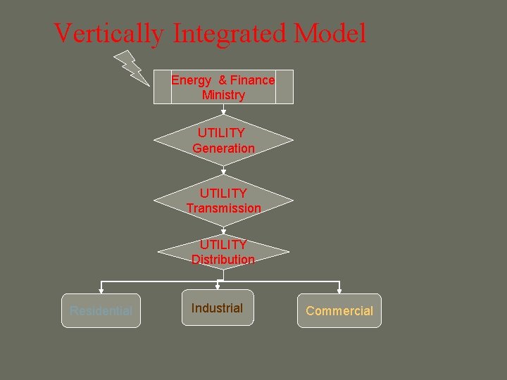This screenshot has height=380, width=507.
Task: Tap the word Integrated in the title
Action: (227, 33)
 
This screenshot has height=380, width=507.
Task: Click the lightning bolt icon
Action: (131, 67)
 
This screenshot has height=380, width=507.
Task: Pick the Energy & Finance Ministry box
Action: (223, 87)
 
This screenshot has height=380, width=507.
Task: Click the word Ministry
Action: (223, 95)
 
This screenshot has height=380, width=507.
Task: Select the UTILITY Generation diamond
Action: (223, 140)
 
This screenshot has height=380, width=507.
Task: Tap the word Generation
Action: (223, 148)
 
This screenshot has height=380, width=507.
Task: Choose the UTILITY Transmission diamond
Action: (223, 201)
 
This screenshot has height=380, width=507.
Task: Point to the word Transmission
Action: (223, 208)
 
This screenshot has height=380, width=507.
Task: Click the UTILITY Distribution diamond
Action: (223, 252)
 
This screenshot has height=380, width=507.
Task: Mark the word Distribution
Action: (223, 260)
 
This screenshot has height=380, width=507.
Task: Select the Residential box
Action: (101, 310)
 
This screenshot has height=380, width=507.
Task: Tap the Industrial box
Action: (217, 308)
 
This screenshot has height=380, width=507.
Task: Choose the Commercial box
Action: (339, 310)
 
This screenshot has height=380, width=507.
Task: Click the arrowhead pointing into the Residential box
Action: (101, 289)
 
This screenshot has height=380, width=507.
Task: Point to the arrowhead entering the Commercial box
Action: (339, 289)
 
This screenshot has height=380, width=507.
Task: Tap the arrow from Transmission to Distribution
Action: (223, 229)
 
